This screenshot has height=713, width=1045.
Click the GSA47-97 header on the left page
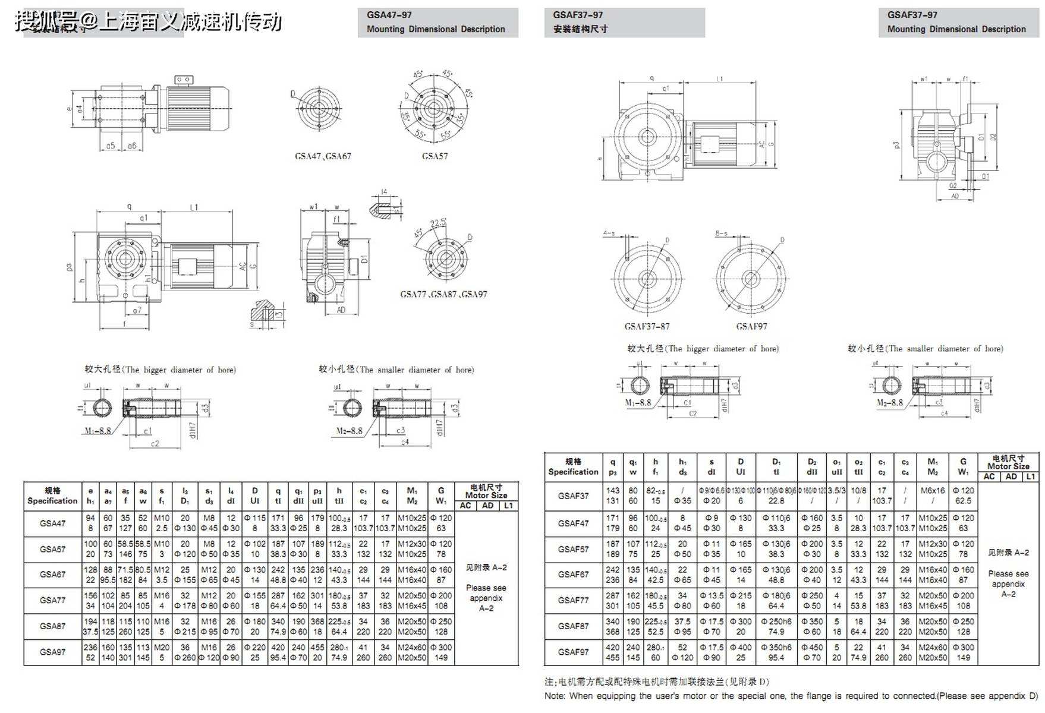pyautogui.click(x=389, y=15)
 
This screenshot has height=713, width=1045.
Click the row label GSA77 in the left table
pyautogui.click(x=52, y=601)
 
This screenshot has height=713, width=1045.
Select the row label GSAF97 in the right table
pyautogui.click(x=573, y=652)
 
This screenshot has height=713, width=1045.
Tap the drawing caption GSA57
pyautogui.click(x=435, y=156)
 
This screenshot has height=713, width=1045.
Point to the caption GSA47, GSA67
pyautogui.click(x=323, y=156)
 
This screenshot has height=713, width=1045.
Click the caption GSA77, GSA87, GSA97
pyautogui.click(x=443, y=294)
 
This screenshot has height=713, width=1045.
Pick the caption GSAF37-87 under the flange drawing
pyautogui.click(x=647, y=326)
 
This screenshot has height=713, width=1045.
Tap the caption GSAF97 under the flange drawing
pyautogui.click(x=751, y=326)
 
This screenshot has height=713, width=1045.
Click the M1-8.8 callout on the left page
pyautogui.click(x=97, y=430)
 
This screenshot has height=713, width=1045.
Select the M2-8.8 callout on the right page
pyautogui.click(x=890, y=402)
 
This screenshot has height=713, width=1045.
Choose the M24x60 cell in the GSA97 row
pyautogui.click(x=412, y=648)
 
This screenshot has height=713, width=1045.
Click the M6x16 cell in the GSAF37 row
pyautogui.click(x=933, y=491)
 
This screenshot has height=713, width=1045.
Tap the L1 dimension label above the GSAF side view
pyautogui.click(x=719, y=78)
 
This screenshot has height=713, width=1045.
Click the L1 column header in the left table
pyautogui.click(x=508, y=506)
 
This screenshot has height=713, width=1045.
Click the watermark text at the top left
pyautogui.click(x=148, y=22)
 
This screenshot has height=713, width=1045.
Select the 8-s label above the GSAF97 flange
pyautogui.click(x=721, y=234)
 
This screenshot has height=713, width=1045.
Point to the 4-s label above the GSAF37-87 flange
pyautogui.click(x=609, y=234)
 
